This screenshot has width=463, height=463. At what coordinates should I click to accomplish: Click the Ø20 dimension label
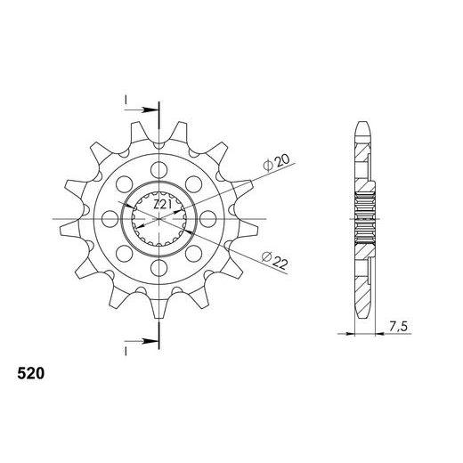click(276, 163)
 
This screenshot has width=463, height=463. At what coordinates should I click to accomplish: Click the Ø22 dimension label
click(275, 259)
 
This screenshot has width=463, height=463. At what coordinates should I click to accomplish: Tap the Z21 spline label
click(163, 204)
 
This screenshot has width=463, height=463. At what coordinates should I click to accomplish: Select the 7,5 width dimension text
click(399, 327)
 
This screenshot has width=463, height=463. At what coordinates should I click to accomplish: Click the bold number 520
click(31, 373)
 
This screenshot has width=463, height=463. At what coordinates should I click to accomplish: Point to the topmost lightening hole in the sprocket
click(159, 170)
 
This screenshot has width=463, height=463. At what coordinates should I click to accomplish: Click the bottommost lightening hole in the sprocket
click(159, 268)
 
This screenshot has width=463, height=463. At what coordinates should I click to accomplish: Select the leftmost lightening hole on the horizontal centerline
click(110, 219)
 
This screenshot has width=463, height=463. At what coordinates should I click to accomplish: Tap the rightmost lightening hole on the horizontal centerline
click(208, 219)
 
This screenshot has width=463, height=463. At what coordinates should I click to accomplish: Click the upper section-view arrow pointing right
click(142, 110)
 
